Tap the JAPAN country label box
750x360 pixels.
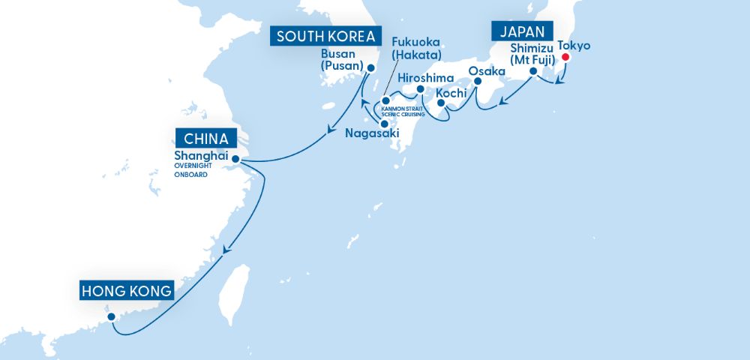pos(522,31)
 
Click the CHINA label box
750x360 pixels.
pos(205,139)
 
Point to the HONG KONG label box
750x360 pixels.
pos(127,290)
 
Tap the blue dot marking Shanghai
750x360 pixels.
pos(235,158)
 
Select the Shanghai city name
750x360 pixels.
pos(200,156)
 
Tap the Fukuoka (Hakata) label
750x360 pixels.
pos(415,49)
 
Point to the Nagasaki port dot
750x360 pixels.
pos(384,124)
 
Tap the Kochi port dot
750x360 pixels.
pos(441,104)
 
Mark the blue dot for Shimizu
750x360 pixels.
pos(533,72)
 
